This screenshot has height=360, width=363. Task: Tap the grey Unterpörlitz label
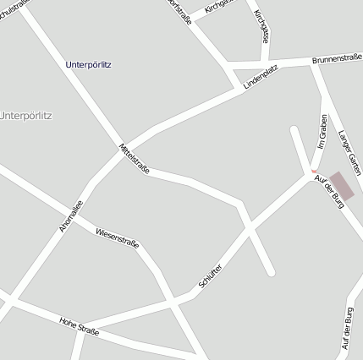click(x=25, y=116)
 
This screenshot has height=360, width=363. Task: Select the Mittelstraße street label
click(x=135, y=159)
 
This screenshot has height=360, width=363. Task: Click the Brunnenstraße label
click(x=337, y=60)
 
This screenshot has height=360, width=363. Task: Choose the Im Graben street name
click(x=322, y=134)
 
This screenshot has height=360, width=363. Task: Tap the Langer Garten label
click(x=349, y=152)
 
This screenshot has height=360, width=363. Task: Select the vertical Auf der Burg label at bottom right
click(x=346, y=329)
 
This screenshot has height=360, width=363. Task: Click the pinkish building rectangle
click(x=342, y=186)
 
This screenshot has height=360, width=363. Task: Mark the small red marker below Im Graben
click(x=315, y=171)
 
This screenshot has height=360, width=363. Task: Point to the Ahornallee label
click(x=70, y=215)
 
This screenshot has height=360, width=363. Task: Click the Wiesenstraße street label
click(x=117, y=237)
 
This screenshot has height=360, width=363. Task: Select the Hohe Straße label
click(x=79, y=326)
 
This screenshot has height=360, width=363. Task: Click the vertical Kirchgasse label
click(x=264, y=27)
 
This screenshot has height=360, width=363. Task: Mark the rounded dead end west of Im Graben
click(x=294, y=130)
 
